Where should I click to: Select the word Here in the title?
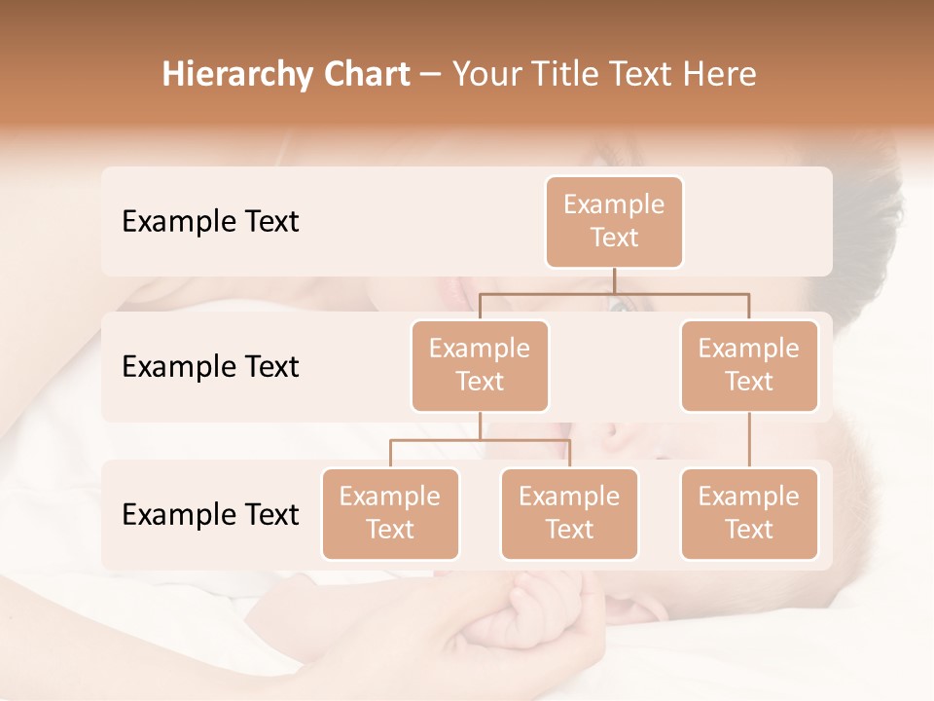pos(719,75)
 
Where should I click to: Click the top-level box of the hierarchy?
pos(614,221)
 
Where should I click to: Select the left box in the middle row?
pos(480,365)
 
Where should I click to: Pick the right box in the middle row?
pos(749,365)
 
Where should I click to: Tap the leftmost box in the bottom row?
pos(390,513)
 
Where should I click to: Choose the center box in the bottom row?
pos(569,513)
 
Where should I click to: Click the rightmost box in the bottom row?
pos(749,513)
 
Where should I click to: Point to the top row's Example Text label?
pos(210,222)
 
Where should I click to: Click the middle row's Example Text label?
pos(210,367)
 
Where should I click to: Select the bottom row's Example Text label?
pos(210,514)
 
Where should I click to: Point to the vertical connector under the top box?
pos(614,280)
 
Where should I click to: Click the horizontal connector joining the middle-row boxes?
pos(614,292)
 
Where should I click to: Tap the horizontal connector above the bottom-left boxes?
pos(480,440)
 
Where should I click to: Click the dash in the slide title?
pos(431,75)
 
